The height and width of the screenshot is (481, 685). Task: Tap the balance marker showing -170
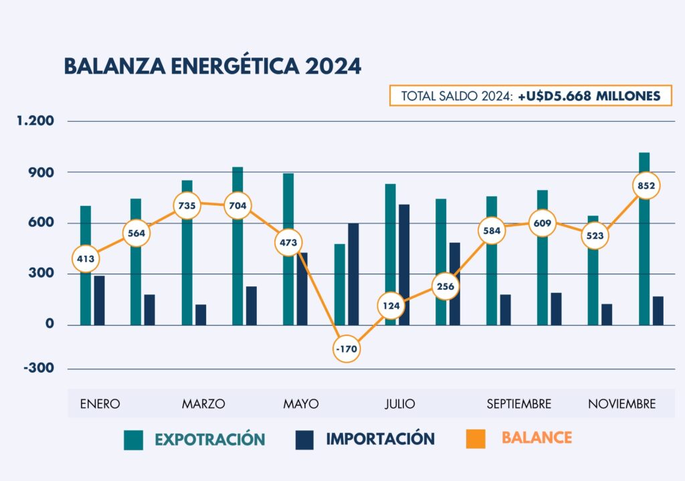point(346,349)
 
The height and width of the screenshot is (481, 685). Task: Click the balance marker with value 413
point(86,258)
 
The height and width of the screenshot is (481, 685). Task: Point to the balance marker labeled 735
point(187,205)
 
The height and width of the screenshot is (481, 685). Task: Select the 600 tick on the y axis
point(40,223)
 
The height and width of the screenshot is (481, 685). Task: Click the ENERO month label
point(100,403)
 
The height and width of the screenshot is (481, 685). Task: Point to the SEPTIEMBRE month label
point(519,403)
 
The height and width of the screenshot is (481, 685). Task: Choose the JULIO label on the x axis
point(399,403)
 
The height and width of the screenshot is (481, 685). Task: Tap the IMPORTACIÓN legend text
point(380,439)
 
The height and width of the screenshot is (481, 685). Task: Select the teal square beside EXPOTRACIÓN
point(134,440)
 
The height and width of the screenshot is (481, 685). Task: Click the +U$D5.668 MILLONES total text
point(589,96)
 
